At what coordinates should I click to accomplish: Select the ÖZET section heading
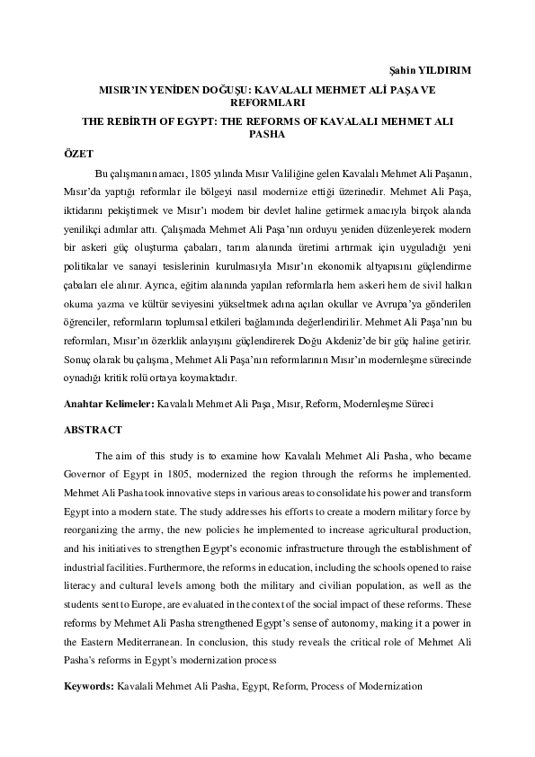(78, 153)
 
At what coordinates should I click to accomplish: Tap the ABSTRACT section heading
(93, 430)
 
